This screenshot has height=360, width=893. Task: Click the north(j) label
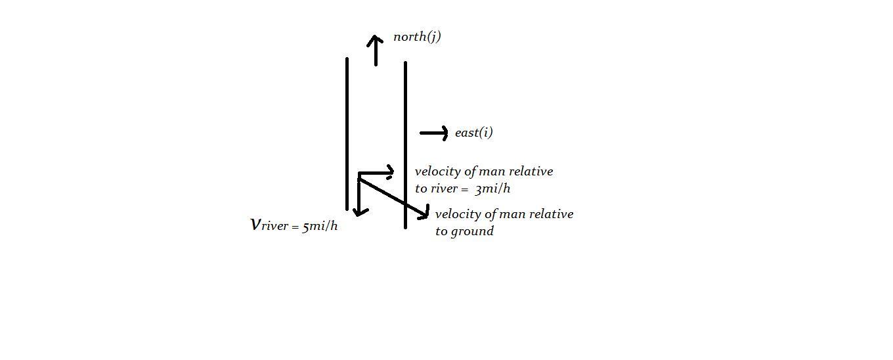pos(417,37)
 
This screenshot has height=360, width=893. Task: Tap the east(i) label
pos(474,132)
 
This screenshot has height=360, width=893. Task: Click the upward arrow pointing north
pos(375,50)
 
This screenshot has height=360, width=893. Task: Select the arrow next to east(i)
pos(434,133)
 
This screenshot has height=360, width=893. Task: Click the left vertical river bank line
pos(347,134)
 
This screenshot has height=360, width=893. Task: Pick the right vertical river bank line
pos(405,145)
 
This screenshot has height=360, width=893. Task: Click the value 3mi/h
pos(492,189)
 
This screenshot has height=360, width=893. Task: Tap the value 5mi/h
pos(320,227)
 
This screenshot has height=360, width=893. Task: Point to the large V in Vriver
pos(255,225)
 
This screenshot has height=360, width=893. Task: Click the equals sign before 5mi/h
pos(295,227)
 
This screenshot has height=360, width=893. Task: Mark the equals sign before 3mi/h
pos(464,189)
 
